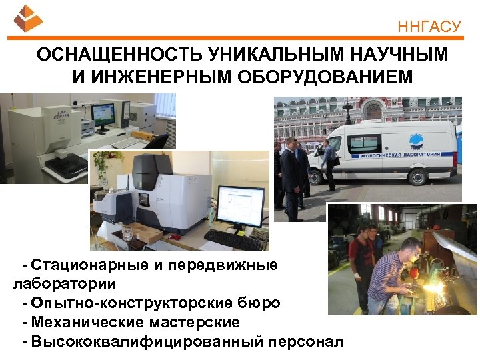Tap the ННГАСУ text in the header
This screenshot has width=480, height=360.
click(x=429, y=27)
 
